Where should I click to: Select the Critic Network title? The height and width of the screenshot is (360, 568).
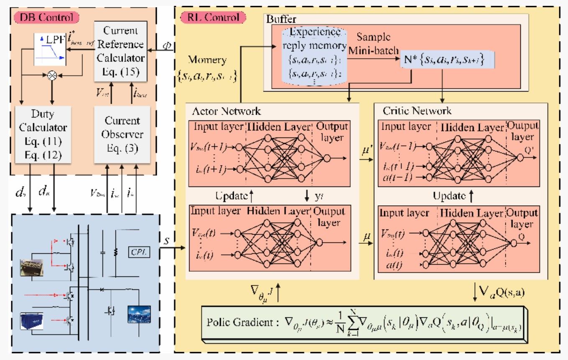(417, 111)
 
